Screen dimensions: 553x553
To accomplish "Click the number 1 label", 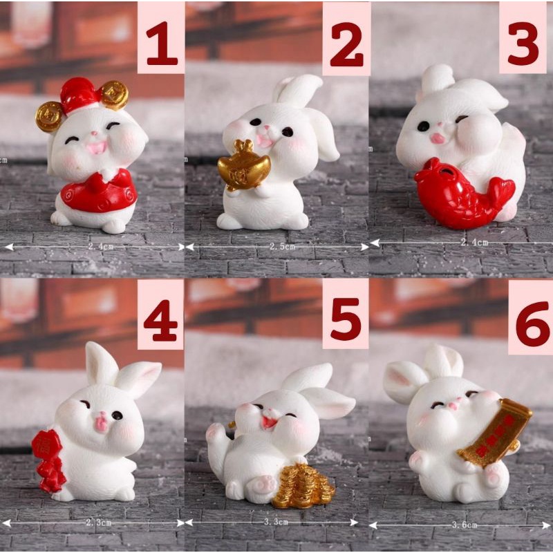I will pos(161,37).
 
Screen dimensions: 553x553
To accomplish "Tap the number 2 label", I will pos(346,37).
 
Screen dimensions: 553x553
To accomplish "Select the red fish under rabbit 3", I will pos(459,194).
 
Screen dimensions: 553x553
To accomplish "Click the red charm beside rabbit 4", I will pos(48,460).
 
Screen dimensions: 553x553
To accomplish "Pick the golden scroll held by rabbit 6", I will pos(495,433).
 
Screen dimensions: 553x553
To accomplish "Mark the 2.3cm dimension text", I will pos(97,523).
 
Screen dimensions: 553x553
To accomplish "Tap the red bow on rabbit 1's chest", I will pos(97,182).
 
